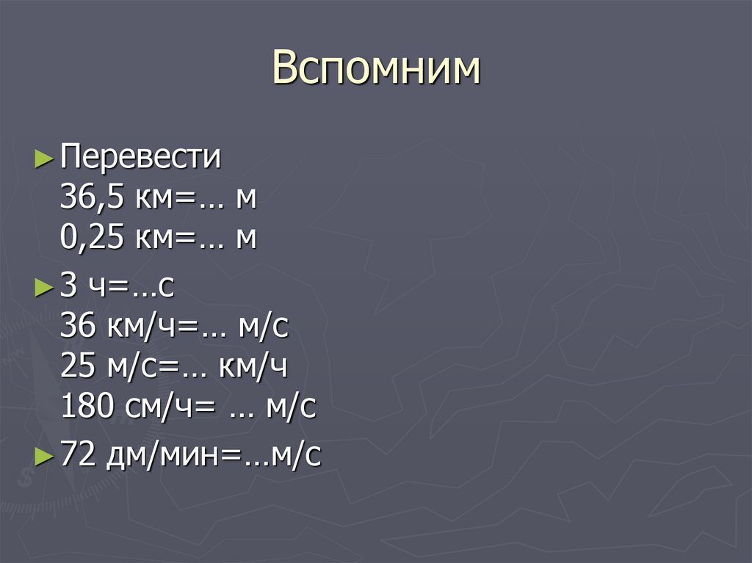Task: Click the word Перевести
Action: pos(140,158)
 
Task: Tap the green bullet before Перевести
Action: pos(44,158)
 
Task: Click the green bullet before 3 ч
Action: pos(44,288)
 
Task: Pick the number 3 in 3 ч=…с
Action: pos(69,287)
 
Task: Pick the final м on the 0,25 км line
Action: pos(246,239)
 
